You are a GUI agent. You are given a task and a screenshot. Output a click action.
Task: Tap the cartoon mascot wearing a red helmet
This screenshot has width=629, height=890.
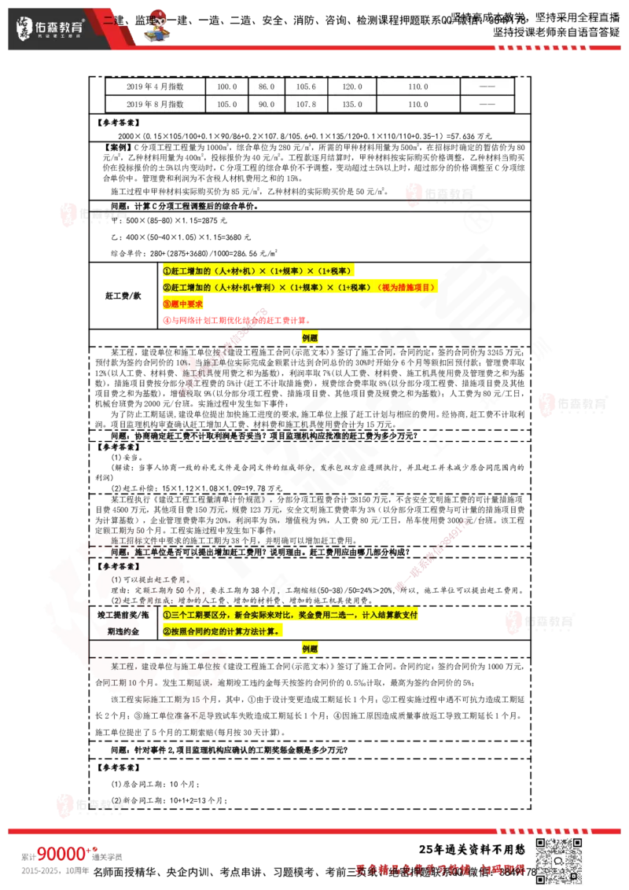pyautogui.click(x=157, y=25)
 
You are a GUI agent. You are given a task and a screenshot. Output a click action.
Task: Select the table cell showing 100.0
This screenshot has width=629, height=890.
pyautogui.click(x=226, y=86)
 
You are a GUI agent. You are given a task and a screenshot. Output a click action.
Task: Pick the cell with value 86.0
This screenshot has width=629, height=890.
pyautogui.click(x=267, y=86)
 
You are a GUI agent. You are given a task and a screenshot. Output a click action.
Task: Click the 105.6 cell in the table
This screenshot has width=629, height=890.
pyautogui.click(x=306, y=86)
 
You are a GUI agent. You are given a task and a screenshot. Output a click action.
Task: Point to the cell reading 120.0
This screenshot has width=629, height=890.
pyautogui.click(x=351, y=86)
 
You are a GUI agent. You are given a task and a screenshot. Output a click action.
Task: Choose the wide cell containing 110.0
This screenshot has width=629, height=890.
pyautogui.click(x=418, y=86)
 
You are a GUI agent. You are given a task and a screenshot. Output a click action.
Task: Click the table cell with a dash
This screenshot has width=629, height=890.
pyautogui.click(x=487, y=86)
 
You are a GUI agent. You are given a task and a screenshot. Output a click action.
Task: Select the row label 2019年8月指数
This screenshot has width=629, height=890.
pyautogui.click(x=155, y=104)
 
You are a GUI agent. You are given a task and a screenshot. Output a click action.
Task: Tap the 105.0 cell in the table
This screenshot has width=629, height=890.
pyautogui.click(x=226, y=104)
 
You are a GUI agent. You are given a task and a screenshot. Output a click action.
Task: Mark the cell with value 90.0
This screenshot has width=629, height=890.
pyautogui.click(x=267, y=104)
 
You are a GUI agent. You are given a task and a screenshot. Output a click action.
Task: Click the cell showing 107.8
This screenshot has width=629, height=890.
pyautogui.click(x=306, y=104)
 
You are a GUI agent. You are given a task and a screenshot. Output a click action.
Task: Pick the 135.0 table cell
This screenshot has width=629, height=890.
pyautogui.click(x=351, y=104)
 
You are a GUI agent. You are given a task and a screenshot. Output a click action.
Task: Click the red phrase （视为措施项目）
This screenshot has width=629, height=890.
pyautogui.click(x=406, y=287)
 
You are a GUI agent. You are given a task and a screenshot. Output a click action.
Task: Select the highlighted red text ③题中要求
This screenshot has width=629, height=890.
pyautogui.click(x=183, y=303)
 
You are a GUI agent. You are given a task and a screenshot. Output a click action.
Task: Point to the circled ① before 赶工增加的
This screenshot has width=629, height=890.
pyautogui.click(x=167, y=270)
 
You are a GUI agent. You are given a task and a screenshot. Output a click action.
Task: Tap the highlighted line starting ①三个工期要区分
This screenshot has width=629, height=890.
pyautogui.click(x=291, y=614)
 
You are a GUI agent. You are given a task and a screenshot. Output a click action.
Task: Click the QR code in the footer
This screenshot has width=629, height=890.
pyautogui.click(x=560, y=860)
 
